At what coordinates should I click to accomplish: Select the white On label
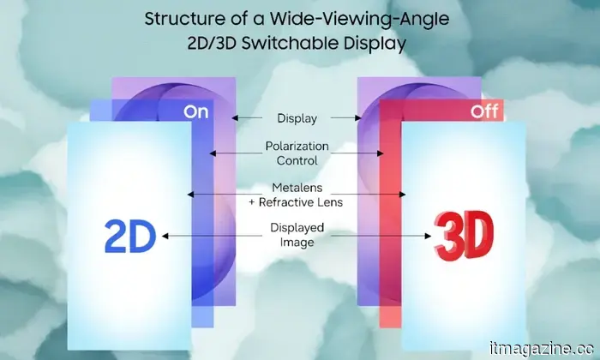point(195,112)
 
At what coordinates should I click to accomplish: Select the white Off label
point(484,112)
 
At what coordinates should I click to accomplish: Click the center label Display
point(297,117)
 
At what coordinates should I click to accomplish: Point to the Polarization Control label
point(297,153)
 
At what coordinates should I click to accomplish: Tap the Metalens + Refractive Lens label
point(297,195)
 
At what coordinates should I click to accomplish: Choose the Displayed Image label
point(297,236)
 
